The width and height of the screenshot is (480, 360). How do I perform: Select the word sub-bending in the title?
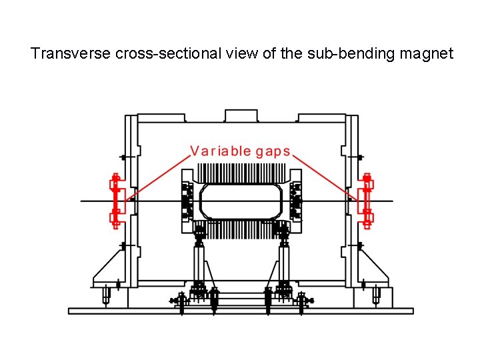(341, 53)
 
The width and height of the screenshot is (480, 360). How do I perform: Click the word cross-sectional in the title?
(157, 53)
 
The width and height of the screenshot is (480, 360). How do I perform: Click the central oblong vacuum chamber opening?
(240, 201)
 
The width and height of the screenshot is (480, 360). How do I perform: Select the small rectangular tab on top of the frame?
(241, 115)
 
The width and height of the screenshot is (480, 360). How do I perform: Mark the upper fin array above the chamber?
(240, 174)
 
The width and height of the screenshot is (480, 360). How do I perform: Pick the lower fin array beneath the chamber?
(240, 229)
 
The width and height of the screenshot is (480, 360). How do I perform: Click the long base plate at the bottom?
(241, 311)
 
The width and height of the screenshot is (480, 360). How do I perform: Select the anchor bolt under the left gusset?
(106, 294)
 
